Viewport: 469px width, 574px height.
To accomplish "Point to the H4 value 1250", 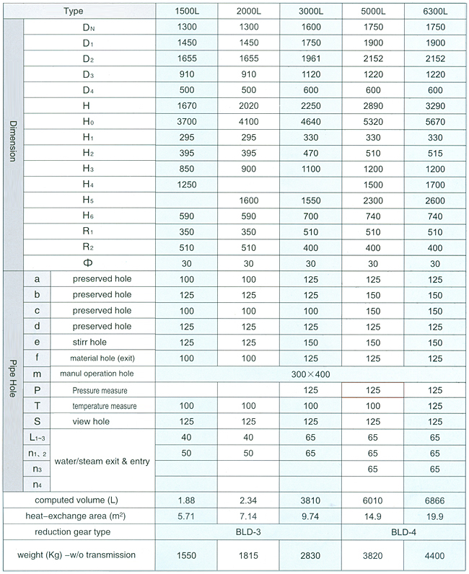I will point(186,185).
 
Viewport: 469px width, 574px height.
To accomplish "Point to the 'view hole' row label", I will point(91,422).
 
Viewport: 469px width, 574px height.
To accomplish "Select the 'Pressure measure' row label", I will point(100,390).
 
